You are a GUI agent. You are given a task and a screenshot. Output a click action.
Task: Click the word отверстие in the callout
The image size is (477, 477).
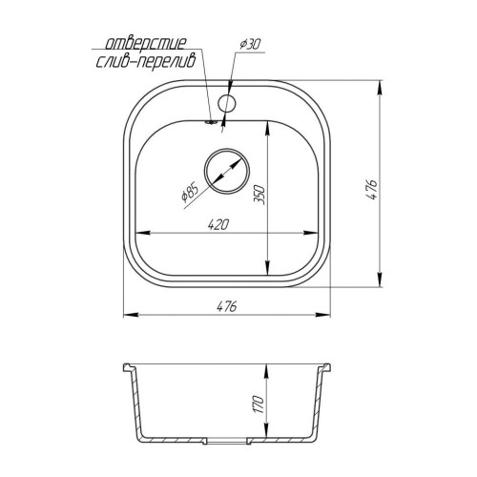pyautogui.click(x=145, y=44)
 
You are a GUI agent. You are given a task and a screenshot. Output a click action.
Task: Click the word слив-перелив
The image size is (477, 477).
pyautogui.click(x=146, y=62)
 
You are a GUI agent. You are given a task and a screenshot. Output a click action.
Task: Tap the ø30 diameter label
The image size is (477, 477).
pyautogui.click(x=250, y=45)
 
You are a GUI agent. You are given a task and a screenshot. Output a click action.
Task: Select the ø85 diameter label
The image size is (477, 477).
pyautogui.click(x=190, y=193)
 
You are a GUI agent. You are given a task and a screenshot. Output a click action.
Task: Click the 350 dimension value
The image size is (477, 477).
pyautogui.click(x=259, y=194)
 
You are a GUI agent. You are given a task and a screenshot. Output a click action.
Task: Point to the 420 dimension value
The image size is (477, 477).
pyautogui.click(x=218, y=224)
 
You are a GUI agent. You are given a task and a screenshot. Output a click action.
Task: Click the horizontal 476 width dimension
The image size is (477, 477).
pyautogui.click(x=227, y=306)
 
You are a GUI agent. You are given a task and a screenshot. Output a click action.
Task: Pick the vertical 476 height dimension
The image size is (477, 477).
pyautogui.click(x=371, y=189)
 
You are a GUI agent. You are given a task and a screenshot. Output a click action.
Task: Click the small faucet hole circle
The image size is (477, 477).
pyautogui.click(x=226, y=103)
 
